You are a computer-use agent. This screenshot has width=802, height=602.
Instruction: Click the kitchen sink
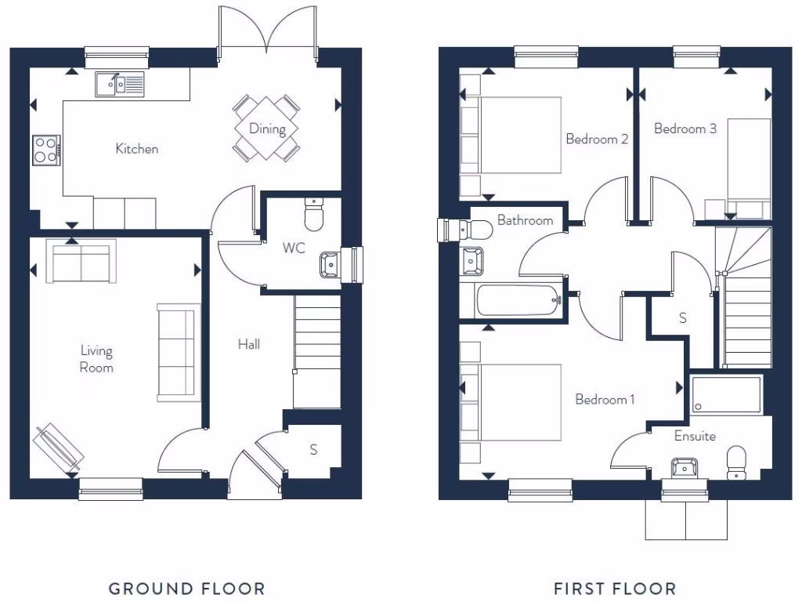tap(120, 84)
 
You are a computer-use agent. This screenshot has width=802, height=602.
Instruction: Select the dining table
tap(267, 129)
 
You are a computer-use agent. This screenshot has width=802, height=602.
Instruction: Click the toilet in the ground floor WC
tap(314, 215)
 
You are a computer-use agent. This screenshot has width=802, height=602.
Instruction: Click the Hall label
tap(249, 343)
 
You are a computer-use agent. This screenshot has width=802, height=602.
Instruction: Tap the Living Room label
tap(96, 359)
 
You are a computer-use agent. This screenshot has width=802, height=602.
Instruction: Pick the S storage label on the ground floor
tap(313, 450)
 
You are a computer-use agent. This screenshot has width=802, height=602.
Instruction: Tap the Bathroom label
tap(525, 220)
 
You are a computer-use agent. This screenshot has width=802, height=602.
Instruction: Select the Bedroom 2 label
tap(597, 139)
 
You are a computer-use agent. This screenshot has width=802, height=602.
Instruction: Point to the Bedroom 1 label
tap(605, 399)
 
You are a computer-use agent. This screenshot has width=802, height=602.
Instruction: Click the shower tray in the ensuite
tap(726, 395)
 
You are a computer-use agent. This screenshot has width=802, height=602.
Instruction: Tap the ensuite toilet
tap(736, 462)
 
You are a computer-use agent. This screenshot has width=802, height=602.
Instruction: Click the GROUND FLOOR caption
tap(186, 588)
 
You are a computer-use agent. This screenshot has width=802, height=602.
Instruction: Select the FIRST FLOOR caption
tap(615, 588)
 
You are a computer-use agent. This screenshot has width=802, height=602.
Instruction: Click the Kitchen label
tap(137, 148)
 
